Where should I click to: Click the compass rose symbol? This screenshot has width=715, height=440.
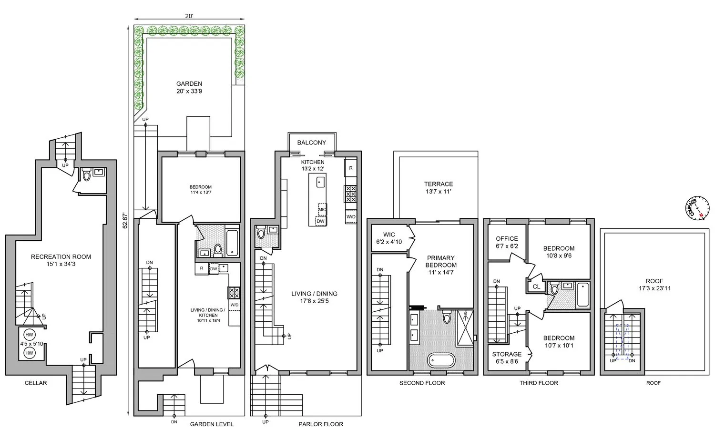[x=695, y=209]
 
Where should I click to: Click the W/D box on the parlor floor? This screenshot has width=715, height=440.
[x=351, y=216]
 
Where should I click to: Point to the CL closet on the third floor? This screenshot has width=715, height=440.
[x=536, y=287]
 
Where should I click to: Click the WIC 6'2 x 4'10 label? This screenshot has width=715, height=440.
[x=389, y=238]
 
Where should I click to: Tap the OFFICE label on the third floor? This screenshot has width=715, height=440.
[x=507, y=242]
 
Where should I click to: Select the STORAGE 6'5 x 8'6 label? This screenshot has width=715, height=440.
[x=507, y=358]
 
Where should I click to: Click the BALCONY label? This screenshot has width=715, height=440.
[x=312, y=143]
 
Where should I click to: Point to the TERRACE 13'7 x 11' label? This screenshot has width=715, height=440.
[x=439, y=187]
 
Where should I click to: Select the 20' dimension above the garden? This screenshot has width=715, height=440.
[x=189, y=16]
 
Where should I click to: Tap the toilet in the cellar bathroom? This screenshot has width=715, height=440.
[x=87, y=176]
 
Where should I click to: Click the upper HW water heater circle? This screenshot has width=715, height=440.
[x=29, y=335]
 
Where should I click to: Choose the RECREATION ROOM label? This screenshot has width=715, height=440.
[x=61, y=260]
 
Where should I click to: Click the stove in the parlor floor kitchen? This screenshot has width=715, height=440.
[x=350, y=194]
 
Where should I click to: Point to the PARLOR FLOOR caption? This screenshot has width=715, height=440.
[x=320, y=424]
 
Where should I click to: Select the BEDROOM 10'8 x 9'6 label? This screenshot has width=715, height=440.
[x=559, y=252]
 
